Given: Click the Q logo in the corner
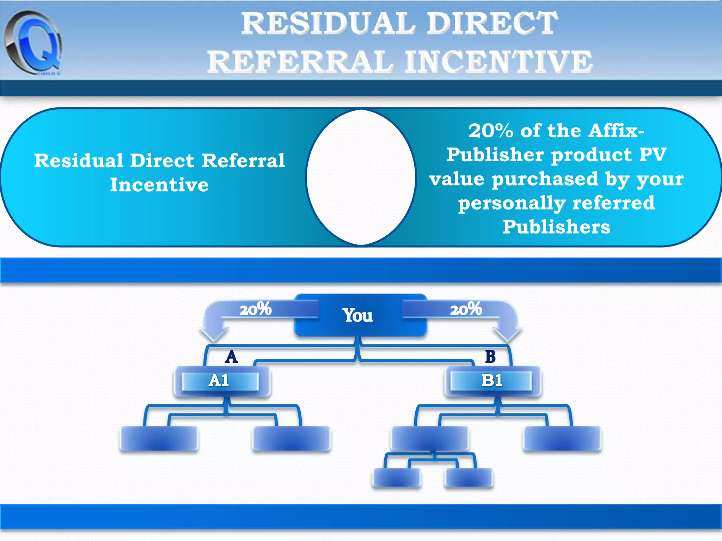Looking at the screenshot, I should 33,42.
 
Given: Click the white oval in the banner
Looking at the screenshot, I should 361,177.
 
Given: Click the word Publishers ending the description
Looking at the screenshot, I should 556,227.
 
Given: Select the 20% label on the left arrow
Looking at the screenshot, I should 256,309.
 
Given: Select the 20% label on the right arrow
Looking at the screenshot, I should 466,309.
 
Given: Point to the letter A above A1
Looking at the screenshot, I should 231,357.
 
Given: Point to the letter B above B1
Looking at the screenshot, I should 490,357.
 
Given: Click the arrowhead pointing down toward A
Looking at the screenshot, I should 214,333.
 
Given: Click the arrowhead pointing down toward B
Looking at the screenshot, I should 507,333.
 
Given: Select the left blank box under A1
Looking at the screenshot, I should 159,439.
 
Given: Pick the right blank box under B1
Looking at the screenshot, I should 563,439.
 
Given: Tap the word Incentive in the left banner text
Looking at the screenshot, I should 159,185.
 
